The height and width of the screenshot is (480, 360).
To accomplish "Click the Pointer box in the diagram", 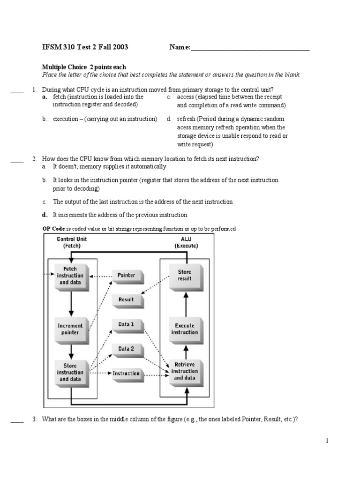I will [x=127, y=276].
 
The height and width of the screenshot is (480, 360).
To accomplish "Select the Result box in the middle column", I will [x=127, y=300].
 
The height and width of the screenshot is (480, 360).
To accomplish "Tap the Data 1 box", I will [x=127, y=324].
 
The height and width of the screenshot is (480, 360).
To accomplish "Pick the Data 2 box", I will [x=127, y=349].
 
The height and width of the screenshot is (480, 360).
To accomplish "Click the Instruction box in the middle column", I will [x=127, y=374].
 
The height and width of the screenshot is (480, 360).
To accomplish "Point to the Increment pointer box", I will [x=70, y=329].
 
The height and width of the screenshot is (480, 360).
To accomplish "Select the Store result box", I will [x=185, y=275].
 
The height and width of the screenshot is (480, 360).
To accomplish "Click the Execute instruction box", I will [x=185, y=329].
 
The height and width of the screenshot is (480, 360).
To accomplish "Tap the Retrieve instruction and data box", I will [x=185, y=371].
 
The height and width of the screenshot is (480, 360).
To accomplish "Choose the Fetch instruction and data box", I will [x=70, y=276].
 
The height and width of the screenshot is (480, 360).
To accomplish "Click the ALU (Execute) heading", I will [x=186, y=242].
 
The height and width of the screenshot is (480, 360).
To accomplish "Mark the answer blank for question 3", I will [x=17, y=420].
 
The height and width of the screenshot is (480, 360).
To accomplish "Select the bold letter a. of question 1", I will [x=45, y=97].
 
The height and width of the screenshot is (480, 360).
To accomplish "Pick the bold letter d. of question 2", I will [x=45, y=215].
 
